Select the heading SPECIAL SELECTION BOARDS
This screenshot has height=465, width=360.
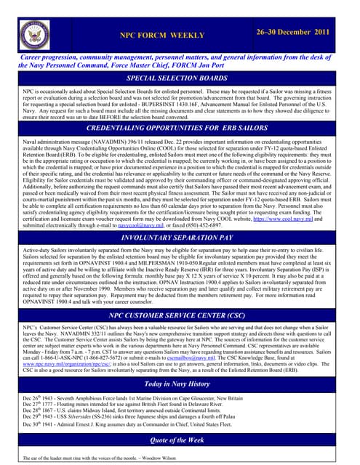click(x=180, y=78)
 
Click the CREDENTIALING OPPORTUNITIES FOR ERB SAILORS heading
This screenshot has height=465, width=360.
click(x=180, y=126)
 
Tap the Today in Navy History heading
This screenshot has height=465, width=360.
click(x=180, y=384)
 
